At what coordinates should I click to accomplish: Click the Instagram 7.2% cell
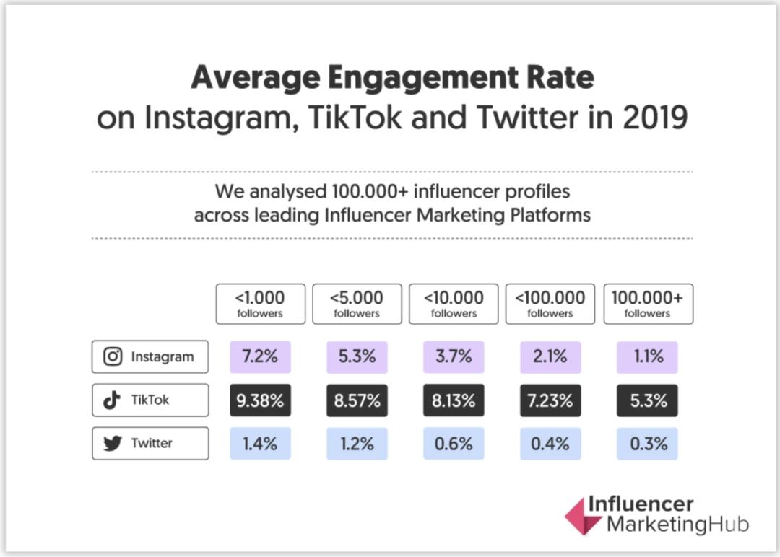(260, 356)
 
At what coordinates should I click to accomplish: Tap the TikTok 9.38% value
(260, 400)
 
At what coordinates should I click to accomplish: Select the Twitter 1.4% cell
(260, 444)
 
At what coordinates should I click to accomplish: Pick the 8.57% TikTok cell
(357, 400)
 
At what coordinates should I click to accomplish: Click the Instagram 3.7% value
(454, 356)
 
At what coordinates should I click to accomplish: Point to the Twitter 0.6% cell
(454, 444)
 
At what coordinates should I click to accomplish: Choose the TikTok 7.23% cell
(550, 400)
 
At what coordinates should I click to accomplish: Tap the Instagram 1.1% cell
(647, 356)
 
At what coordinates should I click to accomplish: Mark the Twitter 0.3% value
(647, 444)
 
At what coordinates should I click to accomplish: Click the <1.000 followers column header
(260, 304)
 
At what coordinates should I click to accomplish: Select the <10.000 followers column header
(454, 304)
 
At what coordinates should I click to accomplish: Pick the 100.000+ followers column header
(648, 304)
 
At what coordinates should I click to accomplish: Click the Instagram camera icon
(113, 356)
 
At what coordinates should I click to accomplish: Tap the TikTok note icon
(112, 400)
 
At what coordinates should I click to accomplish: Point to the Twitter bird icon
(113, 444)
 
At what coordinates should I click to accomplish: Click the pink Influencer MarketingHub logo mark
(582, 517)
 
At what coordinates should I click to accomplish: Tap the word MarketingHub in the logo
(677, 524)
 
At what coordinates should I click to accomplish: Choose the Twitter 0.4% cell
(550, 444)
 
